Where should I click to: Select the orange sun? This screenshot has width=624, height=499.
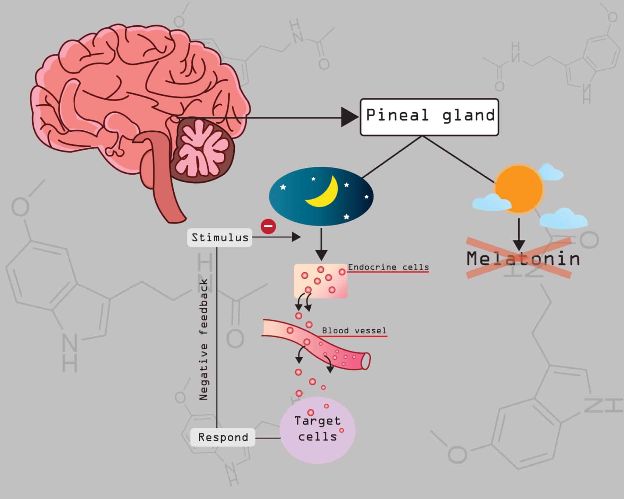pos(519,189)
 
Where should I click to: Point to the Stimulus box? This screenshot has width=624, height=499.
pos(220,237)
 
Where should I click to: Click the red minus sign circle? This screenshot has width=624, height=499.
pos(268,227)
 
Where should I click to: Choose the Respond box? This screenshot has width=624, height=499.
pos(223,437)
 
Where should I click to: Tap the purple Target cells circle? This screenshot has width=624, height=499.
pos(317,430)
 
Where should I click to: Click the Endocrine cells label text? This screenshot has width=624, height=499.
pos(388,267)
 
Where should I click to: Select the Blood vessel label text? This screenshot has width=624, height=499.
pos(354,331)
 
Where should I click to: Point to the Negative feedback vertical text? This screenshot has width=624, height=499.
pos(204,340)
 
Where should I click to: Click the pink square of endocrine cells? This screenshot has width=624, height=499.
pos(321,281)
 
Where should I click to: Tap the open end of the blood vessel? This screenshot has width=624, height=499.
pos(365,361)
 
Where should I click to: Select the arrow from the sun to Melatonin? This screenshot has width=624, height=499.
pos(519,234)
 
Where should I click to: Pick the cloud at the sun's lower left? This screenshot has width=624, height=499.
pos(492,202)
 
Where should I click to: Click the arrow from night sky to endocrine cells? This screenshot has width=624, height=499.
pos(321,244)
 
